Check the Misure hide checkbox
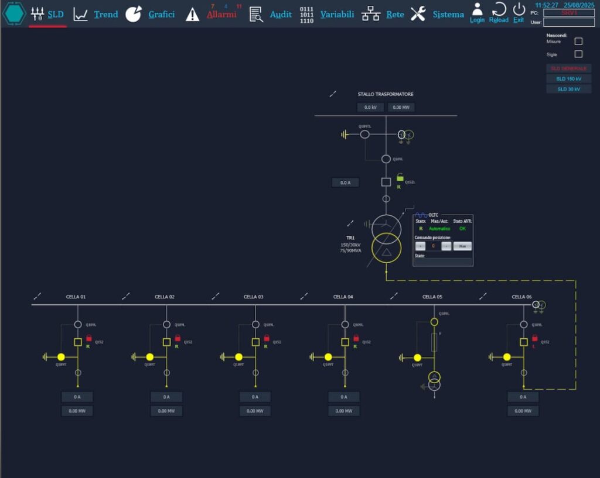[x=578, y=42]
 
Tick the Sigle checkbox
[x=578, y=54]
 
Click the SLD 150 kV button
[x=568, y=78]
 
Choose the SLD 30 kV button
[x=568, y=89]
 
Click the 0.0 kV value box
[x=370, y=107]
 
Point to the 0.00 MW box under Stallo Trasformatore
[x=401, y=107]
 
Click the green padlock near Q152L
[x=400, y=177]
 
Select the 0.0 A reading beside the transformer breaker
[x=345, y=183]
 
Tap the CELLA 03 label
[x=253, y=297]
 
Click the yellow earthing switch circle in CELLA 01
[x=61, y=357]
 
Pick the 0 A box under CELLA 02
[x=166, y=397]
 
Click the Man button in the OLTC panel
[x=462, y=246]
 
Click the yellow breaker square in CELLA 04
[x=345, y=342]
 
